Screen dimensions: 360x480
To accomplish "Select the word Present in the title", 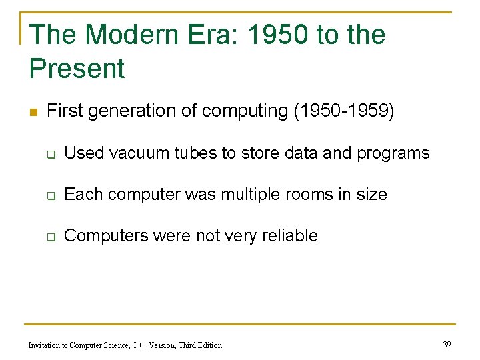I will [x=77, y=69].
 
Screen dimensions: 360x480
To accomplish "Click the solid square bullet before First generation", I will [x=33, y=111].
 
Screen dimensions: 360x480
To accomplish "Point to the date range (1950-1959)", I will [x=344, y=111].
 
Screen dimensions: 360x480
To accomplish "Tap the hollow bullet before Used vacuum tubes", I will [x=50, y=154].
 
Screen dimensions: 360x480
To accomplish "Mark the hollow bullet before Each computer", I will [x=50, y=195].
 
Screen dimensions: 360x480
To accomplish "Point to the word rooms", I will [x=305, y=194].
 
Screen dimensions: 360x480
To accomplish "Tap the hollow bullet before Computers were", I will [x=50, y=237].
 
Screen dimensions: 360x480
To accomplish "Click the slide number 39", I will [x=447, y=344].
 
